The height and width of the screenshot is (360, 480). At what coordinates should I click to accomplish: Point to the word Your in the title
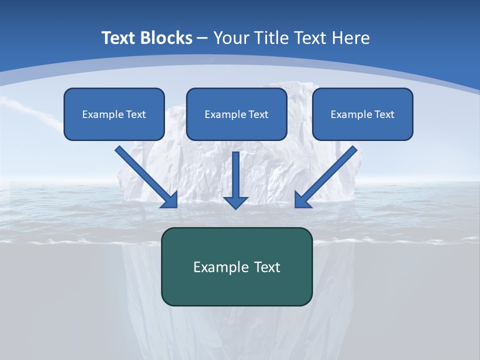tap(230, 37)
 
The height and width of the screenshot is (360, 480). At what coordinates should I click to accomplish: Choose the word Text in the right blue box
tap(384, 114)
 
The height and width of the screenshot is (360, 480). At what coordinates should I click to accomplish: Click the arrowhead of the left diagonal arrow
tap(170, 199)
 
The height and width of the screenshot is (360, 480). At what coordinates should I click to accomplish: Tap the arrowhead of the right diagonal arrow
tap(302, 199)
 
